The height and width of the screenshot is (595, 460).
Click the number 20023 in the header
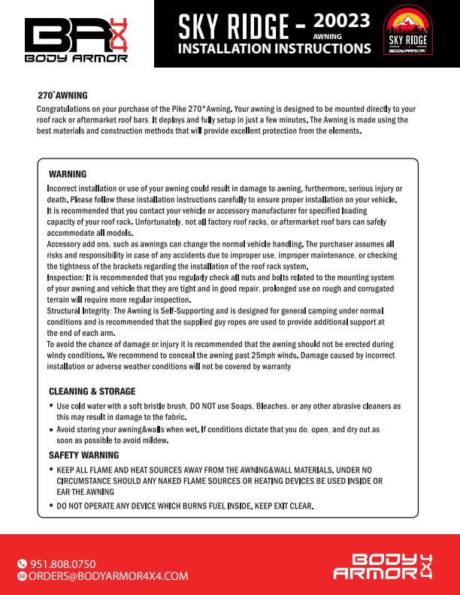[x=342, y=21]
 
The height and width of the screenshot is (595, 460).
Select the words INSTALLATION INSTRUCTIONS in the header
[x=274, y=49]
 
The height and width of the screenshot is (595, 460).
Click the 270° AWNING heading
[x=62, y=95]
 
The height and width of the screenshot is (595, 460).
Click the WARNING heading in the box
[x=68, y=174]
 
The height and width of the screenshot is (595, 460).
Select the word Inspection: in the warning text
[x=65, y=278]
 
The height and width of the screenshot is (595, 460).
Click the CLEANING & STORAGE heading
[x=92, y=391]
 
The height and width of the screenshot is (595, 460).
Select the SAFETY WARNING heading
[x=83, y=455]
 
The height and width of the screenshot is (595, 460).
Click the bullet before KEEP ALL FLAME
[x=50, y=470]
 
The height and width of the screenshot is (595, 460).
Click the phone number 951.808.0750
[x=62, y=563]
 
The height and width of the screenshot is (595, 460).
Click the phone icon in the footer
[x=22, y=563]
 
